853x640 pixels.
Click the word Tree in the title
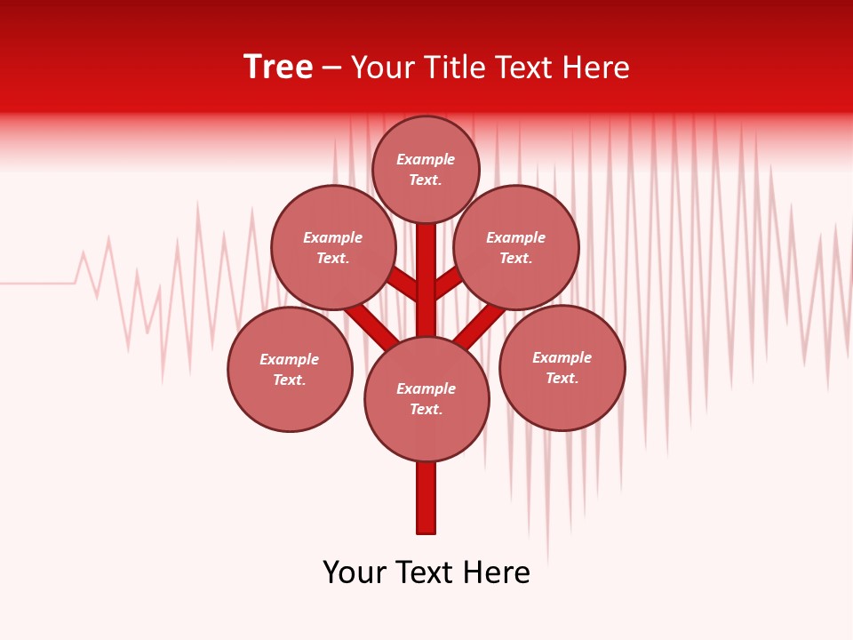pyautogui.click(x=278, y=68)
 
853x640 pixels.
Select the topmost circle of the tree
pyautogui.click(x=426, y=169)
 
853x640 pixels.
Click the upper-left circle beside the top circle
pyautogui.click(x=333, y=247)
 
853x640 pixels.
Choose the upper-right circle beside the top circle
pyautogui.click(x=516, y=247)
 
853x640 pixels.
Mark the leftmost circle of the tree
pyautogui.click(x=290, y=369)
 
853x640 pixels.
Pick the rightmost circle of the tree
pyautogui.click(x=562, y=367)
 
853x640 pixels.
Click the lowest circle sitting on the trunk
pyautogui.click(x=426, y=399)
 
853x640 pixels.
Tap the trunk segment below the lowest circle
pyautogui.click(x=426, y=498)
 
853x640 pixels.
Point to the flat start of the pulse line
pyautogui.click(x=36, y=284)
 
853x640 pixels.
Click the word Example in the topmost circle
pyautogui.click(x=426, y=160)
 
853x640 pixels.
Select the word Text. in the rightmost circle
pyautogui.click(x=562, y=378)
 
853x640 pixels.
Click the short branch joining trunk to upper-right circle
pyautogui.click(x=448, y=283)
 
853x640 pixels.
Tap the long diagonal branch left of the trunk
pyautogui.click(x=371, y=325)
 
